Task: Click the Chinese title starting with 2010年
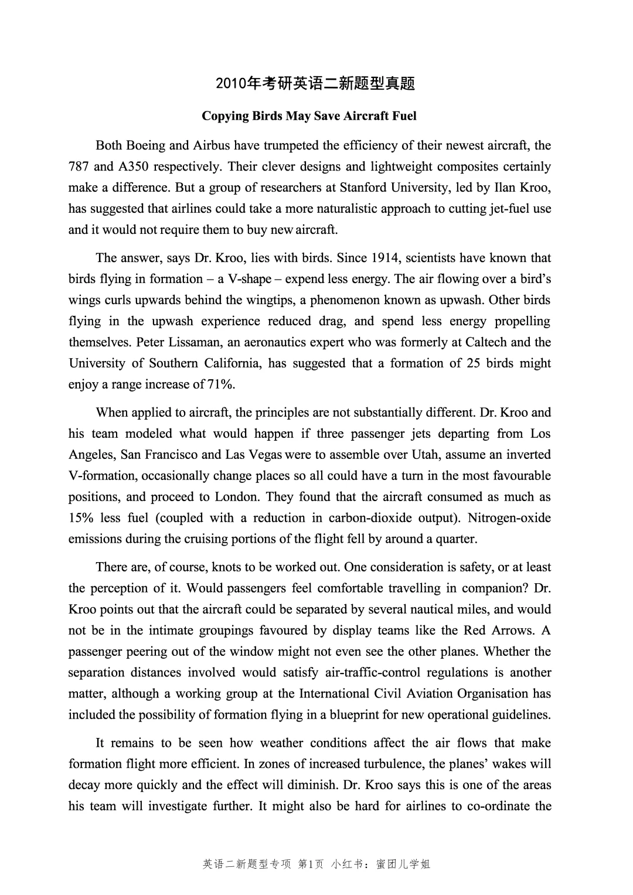(315, 84)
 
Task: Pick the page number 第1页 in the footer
(311, 864)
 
